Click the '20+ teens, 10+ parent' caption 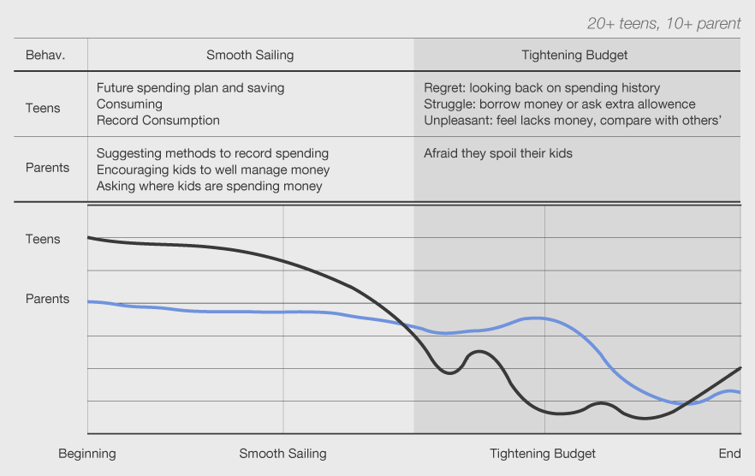[663, 23]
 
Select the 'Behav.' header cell [45, 55]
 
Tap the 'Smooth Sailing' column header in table [250, 55]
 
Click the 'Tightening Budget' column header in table [574, 55]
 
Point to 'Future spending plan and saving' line [190, 87]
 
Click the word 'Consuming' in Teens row [129, 104]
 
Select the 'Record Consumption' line [158, 120]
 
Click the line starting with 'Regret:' [542, 87]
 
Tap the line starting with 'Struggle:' [560, 104]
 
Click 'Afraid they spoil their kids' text [498, 153]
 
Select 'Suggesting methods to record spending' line [212, 153]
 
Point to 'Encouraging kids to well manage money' [213, 170]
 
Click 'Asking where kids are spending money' [209, 186]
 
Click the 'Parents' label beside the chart [47, 299]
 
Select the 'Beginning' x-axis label [87, 453]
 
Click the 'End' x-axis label [729, 453]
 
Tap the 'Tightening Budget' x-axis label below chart [543, 453]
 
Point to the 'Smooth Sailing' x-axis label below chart [282, 453]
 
